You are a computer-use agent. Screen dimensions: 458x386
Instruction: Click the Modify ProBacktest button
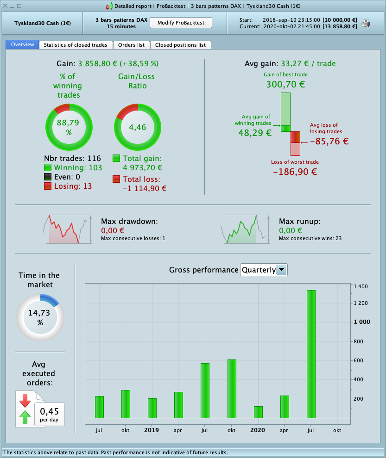(x=181, y=23)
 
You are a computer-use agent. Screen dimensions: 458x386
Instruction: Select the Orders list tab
(x=131, y=45)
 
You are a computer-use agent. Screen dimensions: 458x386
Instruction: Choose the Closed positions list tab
(x=180, y=45)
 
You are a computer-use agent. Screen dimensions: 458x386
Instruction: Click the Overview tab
(x=23, y=45)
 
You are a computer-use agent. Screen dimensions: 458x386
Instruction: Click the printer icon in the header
(x=366, y=23)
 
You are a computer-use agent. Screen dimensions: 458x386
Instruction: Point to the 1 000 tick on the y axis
(x=361, y=322)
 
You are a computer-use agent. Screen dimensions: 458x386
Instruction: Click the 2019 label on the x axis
(x=152, y=430)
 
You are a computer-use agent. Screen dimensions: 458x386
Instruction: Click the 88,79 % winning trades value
(x=69, y=127)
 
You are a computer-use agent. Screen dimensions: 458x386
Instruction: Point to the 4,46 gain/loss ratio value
(x=138, y=127)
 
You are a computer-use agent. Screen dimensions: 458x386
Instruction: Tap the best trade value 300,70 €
(x=285, y=84)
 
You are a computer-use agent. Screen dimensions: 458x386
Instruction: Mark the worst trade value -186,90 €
(x=295, y=171)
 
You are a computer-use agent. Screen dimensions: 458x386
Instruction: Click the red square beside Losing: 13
(x=48, y=186)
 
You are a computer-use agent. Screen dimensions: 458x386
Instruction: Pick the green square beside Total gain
(x=116, y=158)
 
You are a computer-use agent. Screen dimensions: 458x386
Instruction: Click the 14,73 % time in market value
(x=40, y=317)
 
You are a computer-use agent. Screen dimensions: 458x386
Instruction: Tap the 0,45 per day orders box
(x=49, y=414)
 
